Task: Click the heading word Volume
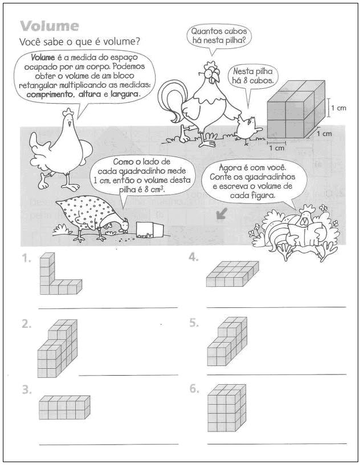(49, 26)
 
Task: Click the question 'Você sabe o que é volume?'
(79, 42)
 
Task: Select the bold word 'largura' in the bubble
(125, 94)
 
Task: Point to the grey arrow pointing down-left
(222, 213)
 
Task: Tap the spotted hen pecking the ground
(92, 216)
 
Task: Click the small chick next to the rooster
(249, 129)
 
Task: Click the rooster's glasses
(211, 71)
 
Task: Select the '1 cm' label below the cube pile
(277, 147)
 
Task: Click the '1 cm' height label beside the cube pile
(338, 108)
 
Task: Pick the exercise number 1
(26, 258)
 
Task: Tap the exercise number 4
(194, 257)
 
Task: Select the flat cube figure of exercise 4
(232, 274)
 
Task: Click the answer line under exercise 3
(109, 445)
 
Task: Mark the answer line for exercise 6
(277, 444)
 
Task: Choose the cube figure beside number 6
(227, 408)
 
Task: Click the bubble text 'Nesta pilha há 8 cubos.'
(252, 76)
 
